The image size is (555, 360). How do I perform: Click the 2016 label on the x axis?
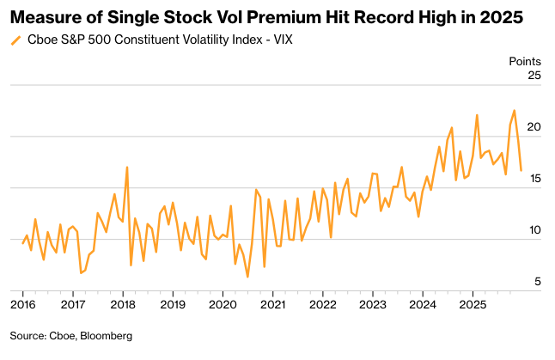(23, 304)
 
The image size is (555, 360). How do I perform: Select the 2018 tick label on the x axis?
(123, 304)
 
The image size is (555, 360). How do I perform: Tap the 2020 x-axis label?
(223, 304)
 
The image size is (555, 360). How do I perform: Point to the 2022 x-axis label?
(322, 304)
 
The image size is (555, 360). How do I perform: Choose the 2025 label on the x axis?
(472, 304)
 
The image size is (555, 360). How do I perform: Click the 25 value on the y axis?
(534, 76)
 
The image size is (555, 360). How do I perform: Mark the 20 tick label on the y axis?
(534, 127)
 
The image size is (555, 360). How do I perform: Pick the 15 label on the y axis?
(534, 179)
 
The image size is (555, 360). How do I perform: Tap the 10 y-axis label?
(534, 230)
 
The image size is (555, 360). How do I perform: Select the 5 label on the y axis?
(538, 282)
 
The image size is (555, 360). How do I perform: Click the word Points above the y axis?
(526, 61)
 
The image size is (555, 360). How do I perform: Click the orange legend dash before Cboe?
(16, 40)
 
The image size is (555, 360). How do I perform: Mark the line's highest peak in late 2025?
(514, 111)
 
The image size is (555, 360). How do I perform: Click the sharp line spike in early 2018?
(127, 167)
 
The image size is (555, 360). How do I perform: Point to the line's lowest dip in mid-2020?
(247, 277)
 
